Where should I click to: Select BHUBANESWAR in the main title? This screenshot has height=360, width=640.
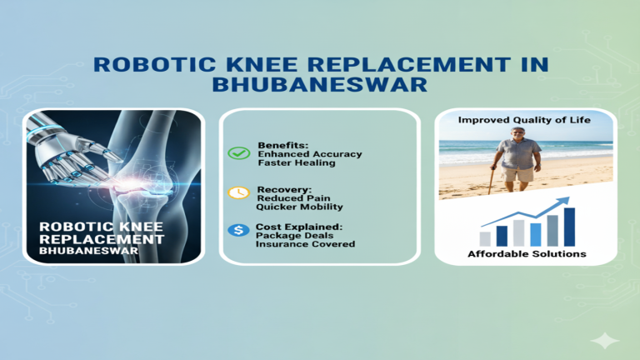tap(320, 84)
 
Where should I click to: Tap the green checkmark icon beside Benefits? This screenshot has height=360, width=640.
tap(238, 152)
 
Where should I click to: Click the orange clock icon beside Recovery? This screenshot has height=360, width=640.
tap(238, 192)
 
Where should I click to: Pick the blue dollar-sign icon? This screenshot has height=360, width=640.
tap(238, 230)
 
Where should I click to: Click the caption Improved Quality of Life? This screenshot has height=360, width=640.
tap(526, 121)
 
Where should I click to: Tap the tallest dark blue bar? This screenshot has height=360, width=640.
tap(569, 227)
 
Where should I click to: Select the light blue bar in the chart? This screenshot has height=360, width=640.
tap(536, 234)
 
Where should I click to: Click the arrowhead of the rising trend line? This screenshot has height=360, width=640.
tap(566, 201)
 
